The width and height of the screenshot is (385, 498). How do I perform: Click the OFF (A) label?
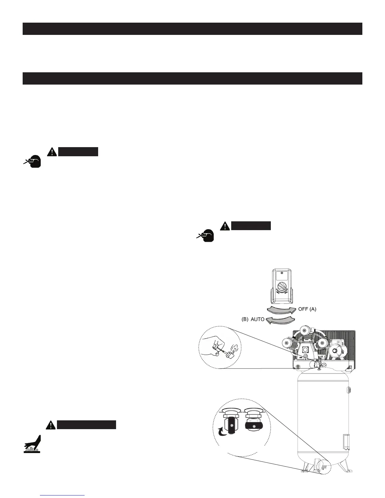click(x=307, y=309)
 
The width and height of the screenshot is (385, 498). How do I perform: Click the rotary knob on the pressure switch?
click(x=281, y=288)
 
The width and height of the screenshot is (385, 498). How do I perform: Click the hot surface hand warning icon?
click(x=32, y=444)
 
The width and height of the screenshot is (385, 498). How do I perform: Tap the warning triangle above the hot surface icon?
click(x=50, y=425)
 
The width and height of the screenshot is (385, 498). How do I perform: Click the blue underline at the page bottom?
click(x=63, y=495)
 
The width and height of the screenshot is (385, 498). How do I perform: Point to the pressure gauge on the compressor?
click(x=323, y=365)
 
